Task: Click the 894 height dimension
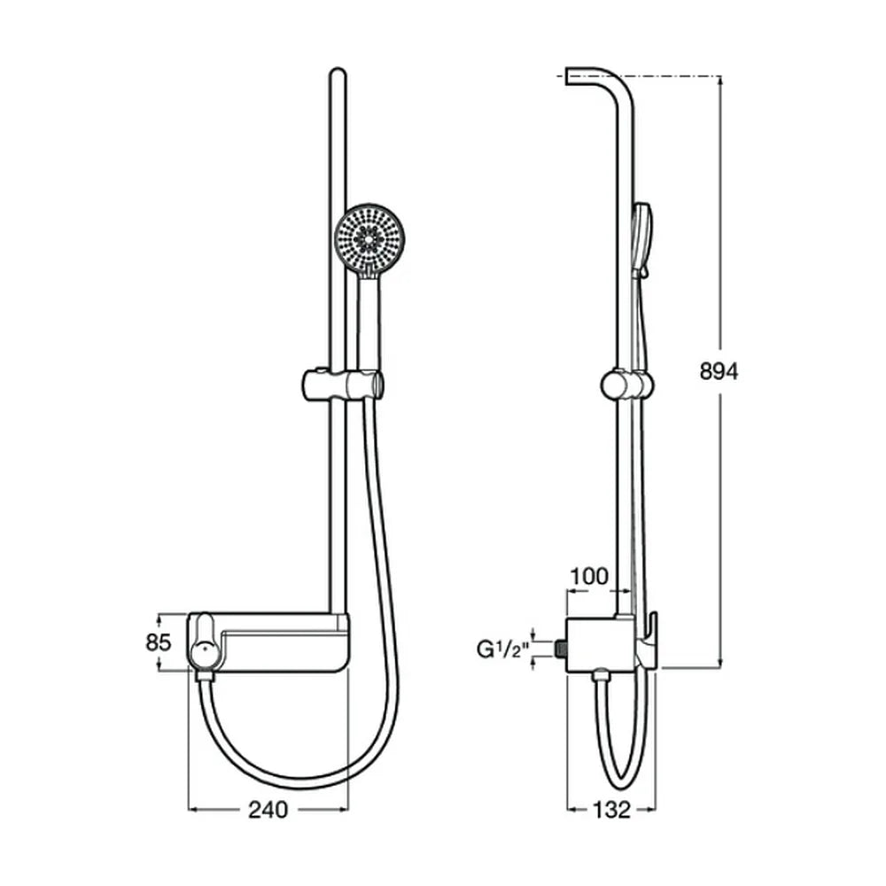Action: tap(719, 372)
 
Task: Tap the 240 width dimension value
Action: tap(268, 810)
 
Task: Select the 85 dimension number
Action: tap(159, 642)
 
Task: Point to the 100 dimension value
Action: tap(589, 577)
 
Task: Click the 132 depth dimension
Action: tap(612, 810)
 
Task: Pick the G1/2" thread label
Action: tap(502, 649)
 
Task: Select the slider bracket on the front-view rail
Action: tap(343, 385)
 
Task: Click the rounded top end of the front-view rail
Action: tap(338, 74)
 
